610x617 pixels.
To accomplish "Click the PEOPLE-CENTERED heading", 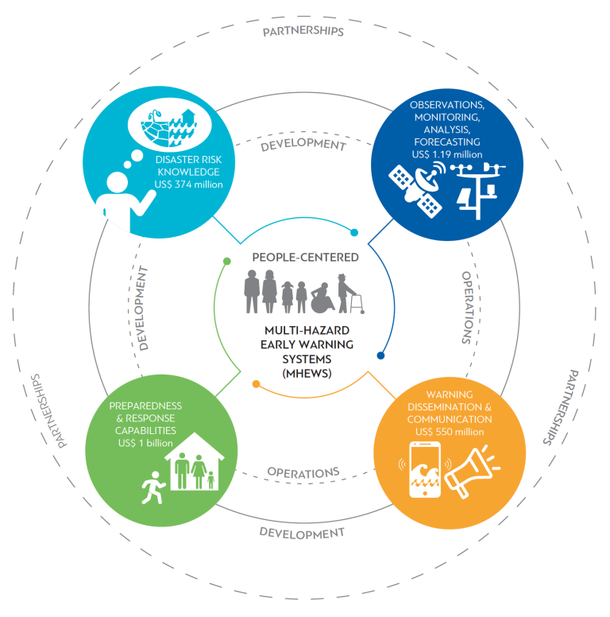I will click(x=305, y=258).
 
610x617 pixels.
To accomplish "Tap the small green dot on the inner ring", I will click(x=227, y=261).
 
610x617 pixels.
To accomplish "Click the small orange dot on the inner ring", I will click(x=256, y=385).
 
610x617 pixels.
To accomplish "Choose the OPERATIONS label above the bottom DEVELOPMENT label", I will click(x=303, y=471).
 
